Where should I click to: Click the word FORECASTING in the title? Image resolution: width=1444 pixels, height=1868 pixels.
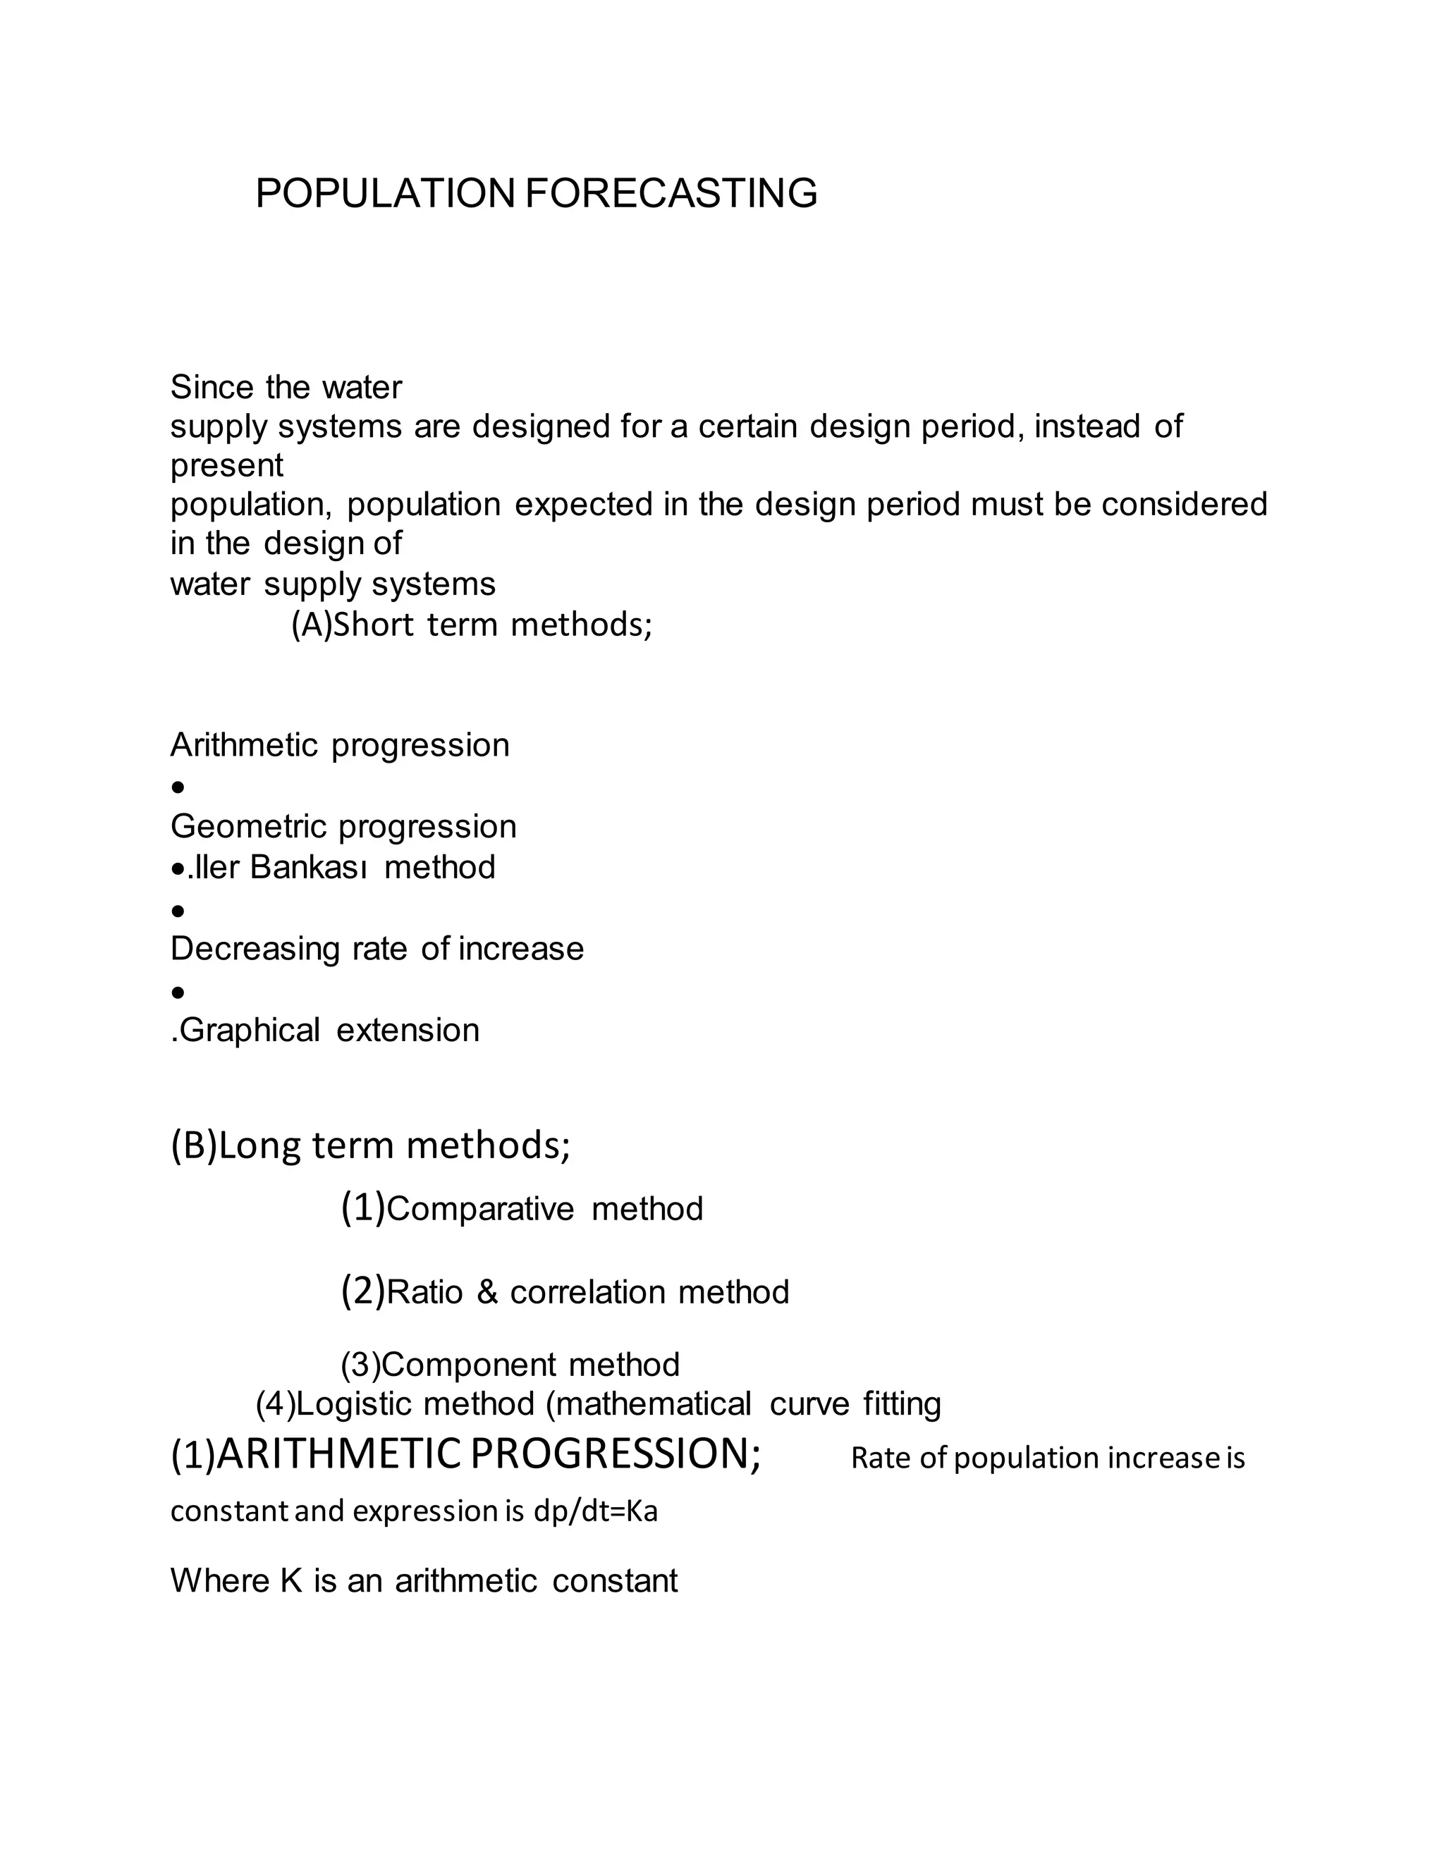click(x=671, y=193)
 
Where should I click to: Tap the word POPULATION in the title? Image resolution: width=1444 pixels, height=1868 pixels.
click(x=385, y=193)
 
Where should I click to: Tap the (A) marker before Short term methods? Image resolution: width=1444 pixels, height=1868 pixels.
click(x=310, y=625)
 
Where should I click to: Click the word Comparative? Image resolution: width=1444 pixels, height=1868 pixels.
click(x=480, y=1210)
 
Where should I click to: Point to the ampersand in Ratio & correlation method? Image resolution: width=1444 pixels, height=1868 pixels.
click(x=487, y=1291)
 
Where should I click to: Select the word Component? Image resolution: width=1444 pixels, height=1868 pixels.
click(x=469, y=1365)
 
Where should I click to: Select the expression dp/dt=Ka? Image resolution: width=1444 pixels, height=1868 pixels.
click(x=594, y=1511)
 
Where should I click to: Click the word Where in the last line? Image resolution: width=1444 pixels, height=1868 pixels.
click(x=219, y=1580)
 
